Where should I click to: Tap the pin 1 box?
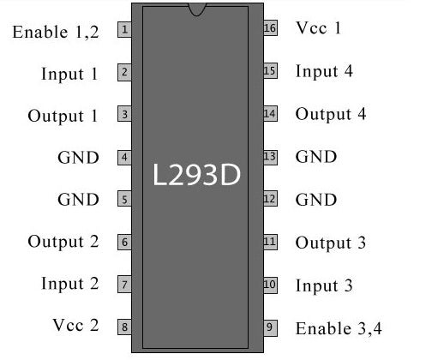pos(125,30)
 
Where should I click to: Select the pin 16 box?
pos(270,28)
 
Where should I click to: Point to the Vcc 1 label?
pos(319,28)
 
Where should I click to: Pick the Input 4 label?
pos(324,71)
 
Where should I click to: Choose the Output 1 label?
pos(63,115)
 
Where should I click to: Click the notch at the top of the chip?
pos(198,9)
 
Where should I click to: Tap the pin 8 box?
pos(125,327)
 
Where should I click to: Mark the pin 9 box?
pos(270,327)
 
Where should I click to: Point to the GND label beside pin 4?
pos(78,157)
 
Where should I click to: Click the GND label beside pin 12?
pos(316,200)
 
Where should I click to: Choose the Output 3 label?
pos(331,243)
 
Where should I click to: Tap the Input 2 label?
pos(69,284)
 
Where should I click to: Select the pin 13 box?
pos(270,156)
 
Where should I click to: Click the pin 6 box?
pos(125,242)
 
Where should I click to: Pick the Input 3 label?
pos(324,285)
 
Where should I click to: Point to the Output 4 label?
pos(331,114)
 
